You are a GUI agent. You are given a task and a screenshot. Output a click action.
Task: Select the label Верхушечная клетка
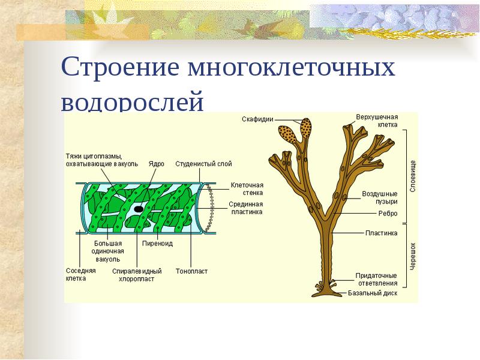(379, 121)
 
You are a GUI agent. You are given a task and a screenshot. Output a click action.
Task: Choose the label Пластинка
(382, 233)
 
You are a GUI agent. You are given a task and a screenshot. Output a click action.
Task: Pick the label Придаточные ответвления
(376, 279)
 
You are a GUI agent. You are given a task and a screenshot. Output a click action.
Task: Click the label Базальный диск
(373, 293)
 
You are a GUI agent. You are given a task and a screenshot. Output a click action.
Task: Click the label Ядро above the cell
(156, 163)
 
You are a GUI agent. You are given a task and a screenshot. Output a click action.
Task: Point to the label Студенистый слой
(203, 163)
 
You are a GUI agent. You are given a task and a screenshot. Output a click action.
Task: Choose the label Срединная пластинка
(247, 208)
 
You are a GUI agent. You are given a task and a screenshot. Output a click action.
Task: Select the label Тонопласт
(191, 271)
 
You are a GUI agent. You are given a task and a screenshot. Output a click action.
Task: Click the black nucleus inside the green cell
(139, 209)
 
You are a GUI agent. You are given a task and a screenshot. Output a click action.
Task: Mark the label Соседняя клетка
(80, 275)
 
